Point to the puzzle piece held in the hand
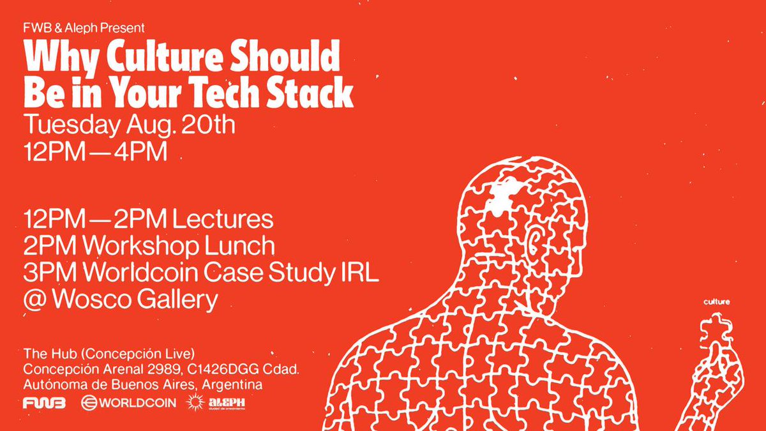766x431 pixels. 715,329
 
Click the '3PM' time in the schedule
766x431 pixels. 47,273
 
